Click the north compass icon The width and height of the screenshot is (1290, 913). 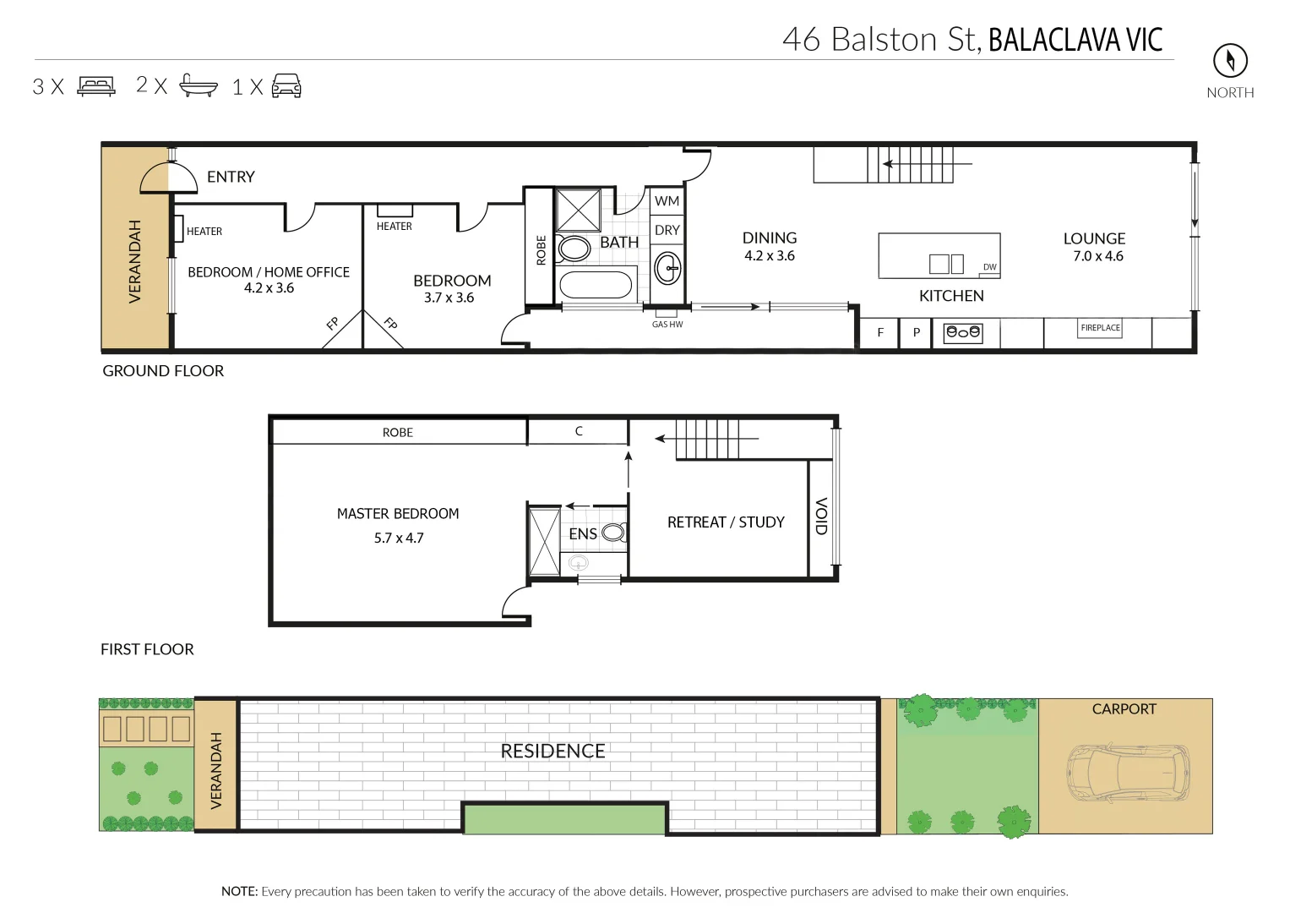coord(1230,60)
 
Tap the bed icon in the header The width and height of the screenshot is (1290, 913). coord(96,86)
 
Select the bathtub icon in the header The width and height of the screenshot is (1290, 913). coord(199,85)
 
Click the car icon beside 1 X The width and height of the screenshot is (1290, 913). coord(286,85)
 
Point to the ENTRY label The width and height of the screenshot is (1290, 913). coord(231,177)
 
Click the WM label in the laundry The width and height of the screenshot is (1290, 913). coord(667,201)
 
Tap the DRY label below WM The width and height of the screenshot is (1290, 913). coord(667,230)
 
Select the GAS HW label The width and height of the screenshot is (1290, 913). coord(667,325)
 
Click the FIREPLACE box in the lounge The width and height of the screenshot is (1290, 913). coord(1100,328)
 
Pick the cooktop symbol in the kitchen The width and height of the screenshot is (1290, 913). coord(963,333)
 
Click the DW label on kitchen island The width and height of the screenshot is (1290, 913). coord(989,267)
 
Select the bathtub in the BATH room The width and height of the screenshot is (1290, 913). coord(596,285)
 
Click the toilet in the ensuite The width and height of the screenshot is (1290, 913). coord(614,533)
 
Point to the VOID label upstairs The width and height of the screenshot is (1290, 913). coord(820,516)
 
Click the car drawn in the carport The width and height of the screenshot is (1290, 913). coord(1128,774)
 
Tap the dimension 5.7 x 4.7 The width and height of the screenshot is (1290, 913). coord(399,538)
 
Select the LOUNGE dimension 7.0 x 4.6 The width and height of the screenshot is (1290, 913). coord(1097,256)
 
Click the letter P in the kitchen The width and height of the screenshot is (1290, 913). coord(916,333)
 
